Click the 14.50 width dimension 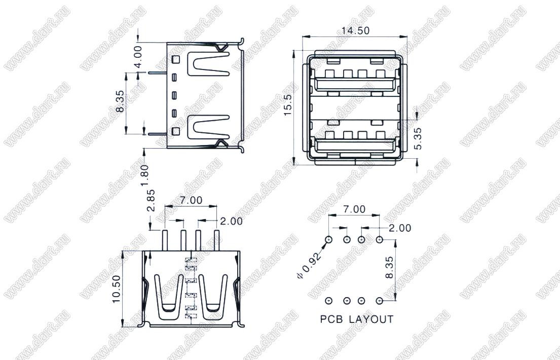pos(355,30)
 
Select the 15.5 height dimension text pos(288,105)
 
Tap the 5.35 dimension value pos(418,138)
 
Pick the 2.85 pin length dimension pos(152,201)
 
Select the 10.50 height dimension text pos(117,289)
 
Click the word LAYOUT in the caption pos(371,319)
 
